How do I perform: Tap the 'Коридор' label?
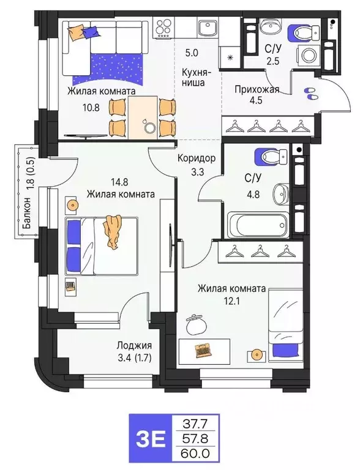tap(196, 158)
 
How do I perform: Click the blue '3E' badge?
tap(150, 439)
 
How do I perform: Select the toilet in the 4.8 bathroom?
tap(268, 157)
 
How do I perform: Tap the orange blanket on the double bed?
tap(113, 231)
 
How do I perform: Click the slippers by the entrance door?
tap(310, 93)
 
